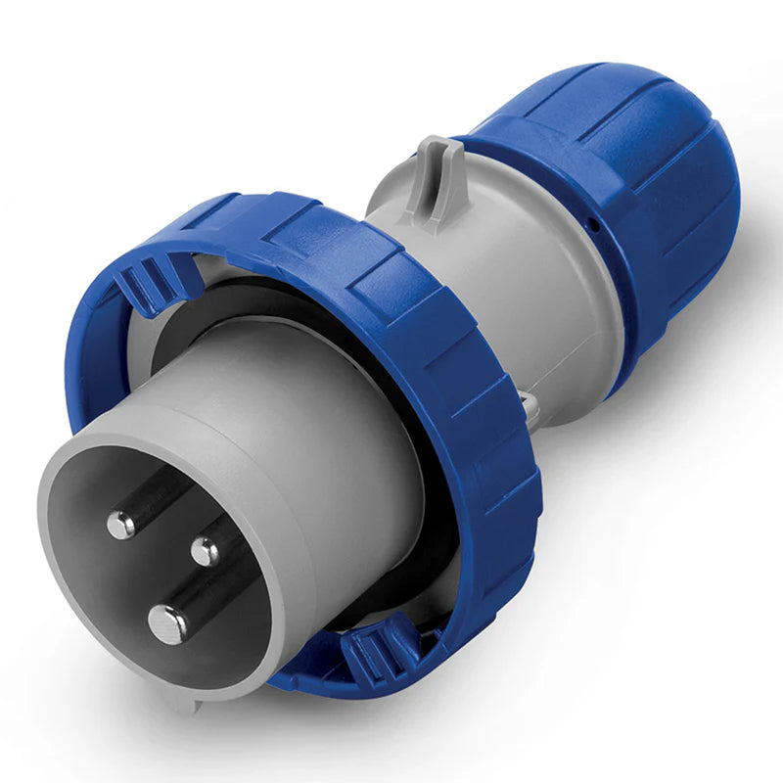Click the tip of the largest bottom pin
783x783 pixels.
[167, 621]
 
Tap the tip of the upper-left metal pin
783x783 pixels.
[121, 526]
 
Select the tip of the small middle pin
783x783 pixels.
[205, 551]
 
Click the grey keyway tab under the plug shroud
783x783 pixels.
[186, 698]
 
